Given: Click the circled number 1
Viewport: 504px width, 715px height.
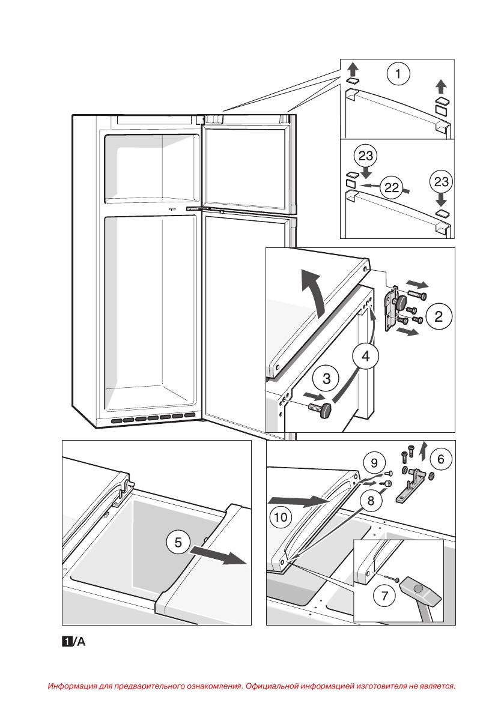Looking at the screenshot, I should (x=398, y=74).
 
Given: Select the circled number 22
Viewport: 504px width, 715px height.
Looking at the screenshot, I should (x=392, y=188).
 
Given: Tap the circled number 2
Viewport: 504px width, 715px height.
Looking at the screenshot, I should (x=439, y=316).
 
